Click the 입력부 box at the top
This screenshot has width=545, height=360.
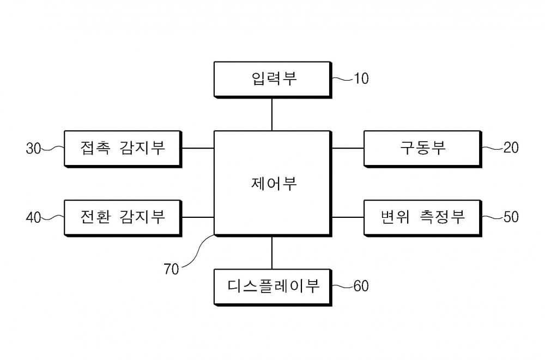273,80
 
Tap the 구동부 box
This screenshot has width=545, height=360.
423,149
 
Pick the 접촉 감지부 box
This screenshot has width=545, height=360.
123,149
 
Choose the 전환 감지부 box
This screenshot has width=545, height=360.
123,218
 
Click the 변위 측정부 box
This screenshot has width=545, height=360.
423,218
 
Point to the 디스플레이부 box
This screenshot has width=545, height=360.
273,288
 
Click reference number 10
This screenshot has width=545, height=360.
361,78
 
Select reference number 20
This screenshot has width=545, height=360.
511,148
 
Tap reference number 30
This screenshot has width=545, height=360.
33,149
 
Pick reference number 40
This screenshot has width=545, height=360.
33,218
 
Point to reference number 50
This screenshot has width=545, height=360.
511,217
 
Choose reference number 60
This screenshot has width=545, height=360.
361,286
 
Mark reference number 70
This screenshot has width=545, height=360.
171,269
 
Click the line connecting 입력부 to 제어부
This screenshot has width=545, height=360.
272,115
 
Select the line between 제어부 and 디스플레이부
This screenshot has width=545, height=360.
272,253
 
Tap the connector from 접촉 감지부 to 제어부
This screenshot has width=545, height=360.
198,148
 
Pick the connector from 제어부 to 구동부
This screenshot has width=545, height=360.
348,148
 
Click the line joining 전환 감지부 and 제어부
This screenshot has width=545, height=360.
198,217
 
